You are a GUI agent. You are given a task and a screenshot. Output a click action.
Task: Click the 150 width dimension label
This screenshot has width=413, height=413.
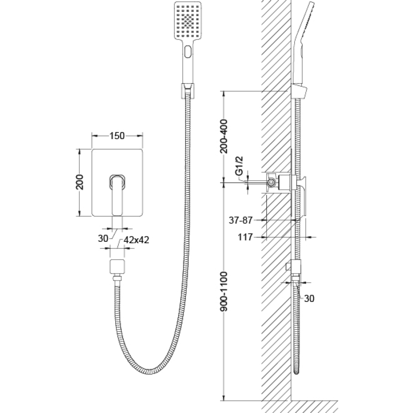pyautogui.click(x=117, y=136)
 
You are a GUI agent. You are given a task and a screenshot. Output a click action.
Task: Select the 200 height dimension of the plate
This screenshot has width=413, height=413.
pyautogui.click(x=79, y=182)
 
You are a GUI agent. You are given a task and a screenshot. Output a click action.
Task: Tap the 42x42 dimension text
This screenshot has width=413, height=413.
pyautogui.click(x=136, y=240)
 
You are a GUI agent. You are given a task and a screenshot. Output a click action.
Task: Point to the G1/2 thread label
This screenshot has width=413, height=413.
pyautogui.click(x=239, y=166)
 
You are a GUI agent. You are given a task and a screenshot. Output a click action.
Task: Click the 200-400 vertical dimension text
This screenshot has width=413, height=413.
pyautogui.click(x=223, y=136)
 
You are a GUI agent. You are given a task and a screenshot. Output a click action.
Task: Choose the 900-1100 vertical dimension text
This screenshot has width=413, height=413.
pyautogui.click(x=223, y=291)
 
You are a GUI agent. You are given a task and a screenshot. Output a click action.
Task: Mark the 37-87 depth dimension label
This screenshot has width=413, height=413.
pyautogui.click(x=241, y=220)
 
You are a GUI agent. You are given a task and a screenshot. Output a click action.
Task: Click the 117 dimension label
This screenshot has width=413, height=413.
pyautogui.click(x=245, y=237)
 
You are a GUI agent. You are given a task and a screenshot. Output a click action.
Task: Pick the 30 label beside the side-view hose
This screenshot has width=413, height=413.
pyautogui.click(x=309, y=298)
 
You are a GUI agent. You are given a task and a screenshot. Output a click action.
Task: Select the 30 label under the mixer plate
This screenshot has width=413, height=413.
pyautogui.click(x=103, y=238)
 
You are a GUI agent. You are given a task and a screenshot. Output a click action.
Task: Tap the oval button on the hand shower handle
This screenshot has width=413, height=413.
pyautogui.click(x=188, y=51)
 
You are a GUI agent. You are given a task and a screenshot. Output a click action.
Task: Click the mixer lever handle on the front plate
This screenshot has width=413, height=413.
pyautogui.click(x=118, y=195)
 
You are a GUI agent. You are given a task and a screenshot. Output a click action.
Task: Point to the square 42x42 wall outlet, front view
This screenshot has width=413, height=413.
pyautogui.click(x=117, y=266)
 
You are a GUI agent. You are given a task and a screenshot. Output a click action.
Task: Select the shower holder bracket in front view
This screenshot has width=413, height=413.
pyautogui.click(x=188, y=91)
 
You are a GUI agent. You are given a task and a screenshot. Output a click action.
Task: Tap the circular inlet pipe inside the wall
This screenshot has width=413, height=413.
pyautogui.click(x=271, y=182)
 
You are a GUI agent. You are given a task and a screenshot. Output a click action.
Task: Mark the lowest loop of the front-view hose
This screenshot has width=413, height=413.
pyautogui.click(x=149, y=371)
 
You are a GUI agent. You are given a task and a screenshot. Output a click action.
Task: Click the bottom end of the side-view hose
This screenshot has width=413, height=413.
pyautogui.click(x=296, y=372)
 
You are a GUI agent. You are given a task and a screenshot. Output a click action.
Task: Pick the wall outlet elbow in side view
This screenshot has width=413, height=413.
pyautogui.click(x=294, y=267)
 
